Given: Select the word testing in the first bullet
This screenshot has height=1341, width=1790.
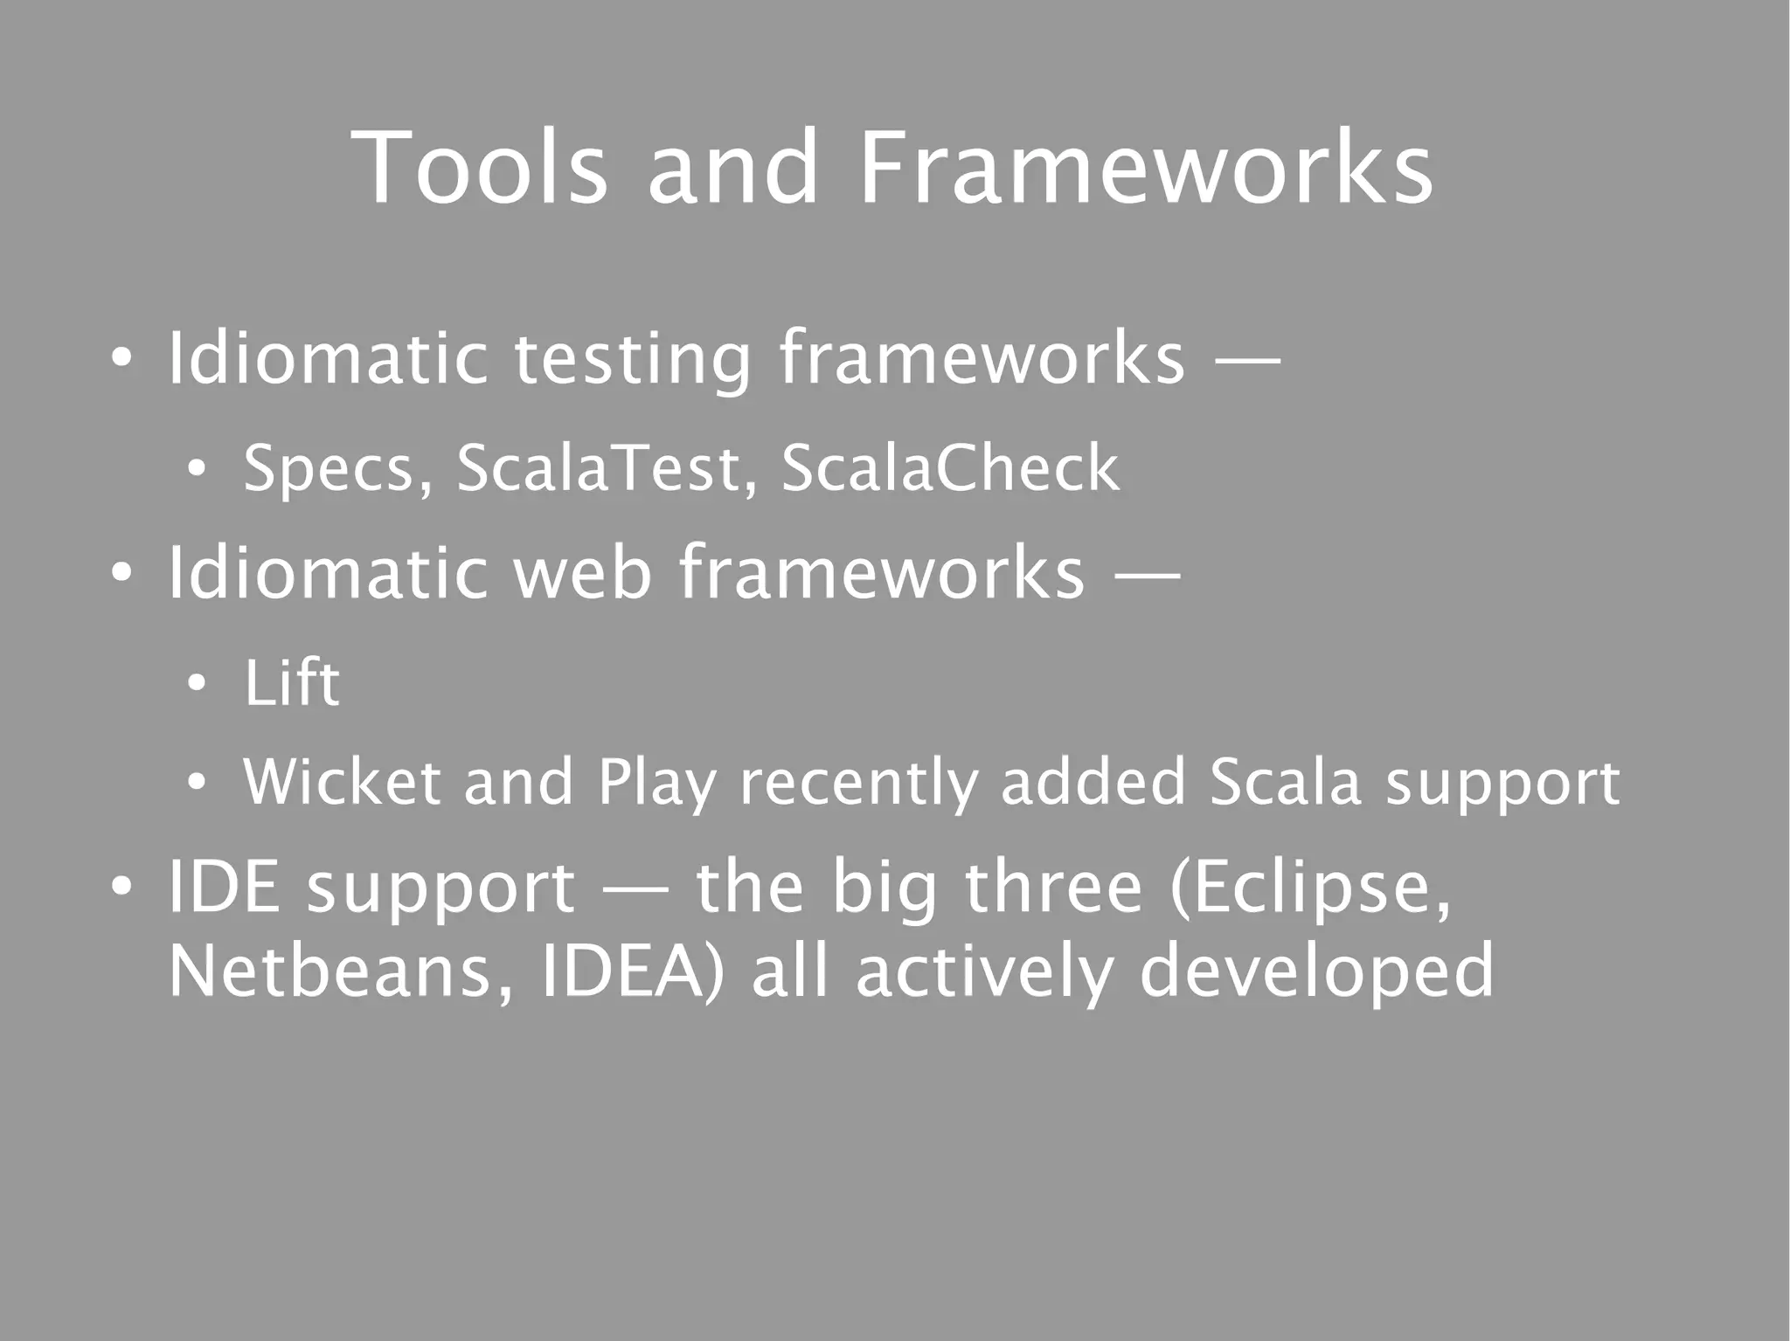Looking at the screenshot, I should pos(631,357).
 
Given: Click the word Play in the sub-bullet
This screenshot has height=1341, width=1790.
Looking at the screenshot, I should pos(656,784).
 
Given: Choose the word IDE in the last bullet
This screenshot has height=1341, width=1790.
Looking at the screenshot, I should pos(224,886).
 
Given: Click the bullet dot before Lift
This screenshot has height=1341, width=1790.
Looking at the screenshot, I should pos(197,684).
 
